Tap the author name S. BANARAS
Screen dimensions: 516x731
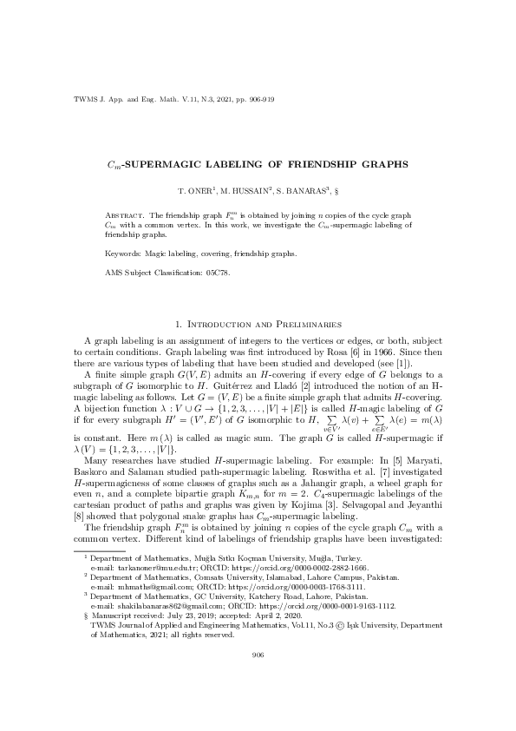pyautogui.click(x=304, y=188)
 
